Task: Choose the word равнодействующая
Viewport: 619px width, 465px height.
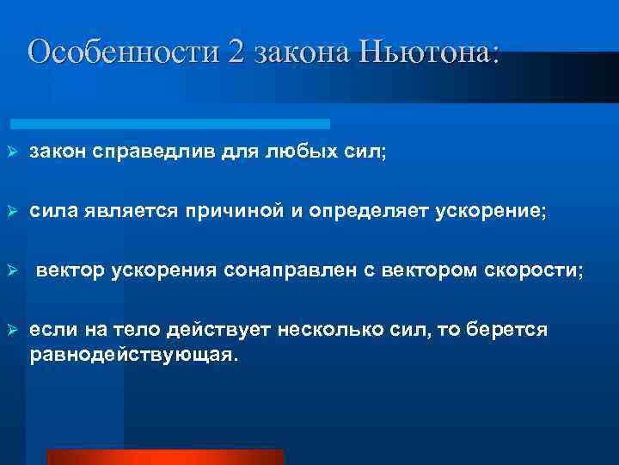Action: (x=132, y=354)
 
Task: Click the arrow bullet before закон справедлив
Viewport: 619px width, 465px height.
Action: (x=12, y=152)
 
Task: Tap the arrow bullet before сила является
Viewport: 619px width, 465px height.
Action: (x=12, y=212)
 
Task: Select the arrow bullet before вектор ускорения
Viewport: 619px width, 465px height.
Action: (x=12, y=271)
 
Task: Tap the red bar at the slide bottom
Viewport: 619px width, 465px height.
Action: (x=163, y=457)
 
